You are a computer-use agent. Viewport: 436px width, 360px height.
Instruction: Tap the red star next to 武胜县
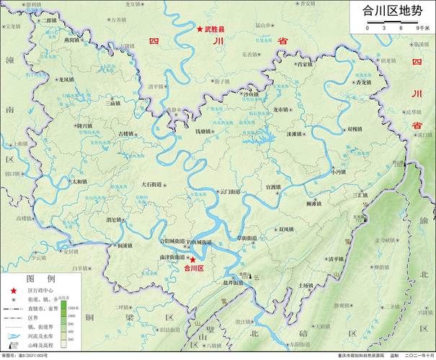coord(200,30)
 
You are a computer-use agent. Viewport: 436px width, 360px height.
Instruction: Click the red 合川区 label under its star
coord(195,268)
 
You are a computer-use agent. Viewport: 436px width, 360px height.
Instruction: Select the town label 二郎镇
coord(49,21)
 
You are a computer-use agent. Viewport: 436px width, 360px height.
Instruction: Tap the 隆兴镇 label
coord(84,126)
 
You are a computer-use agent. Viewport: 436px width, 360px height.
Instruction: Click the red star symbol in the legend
coord(12,289)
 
